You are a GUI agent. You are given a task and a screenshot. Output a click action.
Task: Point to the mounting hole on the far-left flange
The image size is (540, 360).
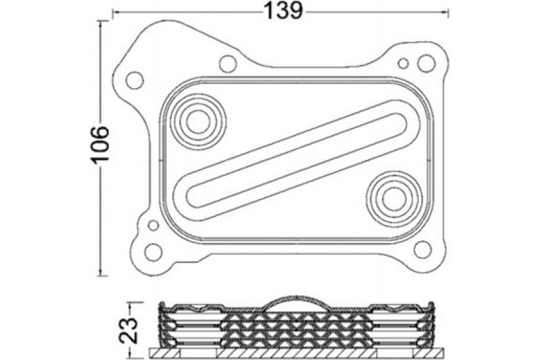point(134,80)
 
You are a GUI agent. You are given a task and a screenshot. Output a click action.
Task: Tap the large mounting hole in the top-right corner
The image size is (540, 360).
point(426,63)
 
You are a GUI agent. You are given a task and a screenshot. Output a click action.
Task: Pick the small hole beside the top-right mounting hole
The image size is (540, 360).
point(404,64)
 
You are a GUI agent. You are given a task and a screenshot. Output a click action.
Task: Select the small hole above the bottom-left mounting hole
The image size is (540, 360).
point(153,226)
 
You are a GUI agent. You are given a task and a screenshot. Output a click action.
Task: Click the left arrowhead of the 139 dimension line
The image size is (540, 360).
point(114,12)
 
